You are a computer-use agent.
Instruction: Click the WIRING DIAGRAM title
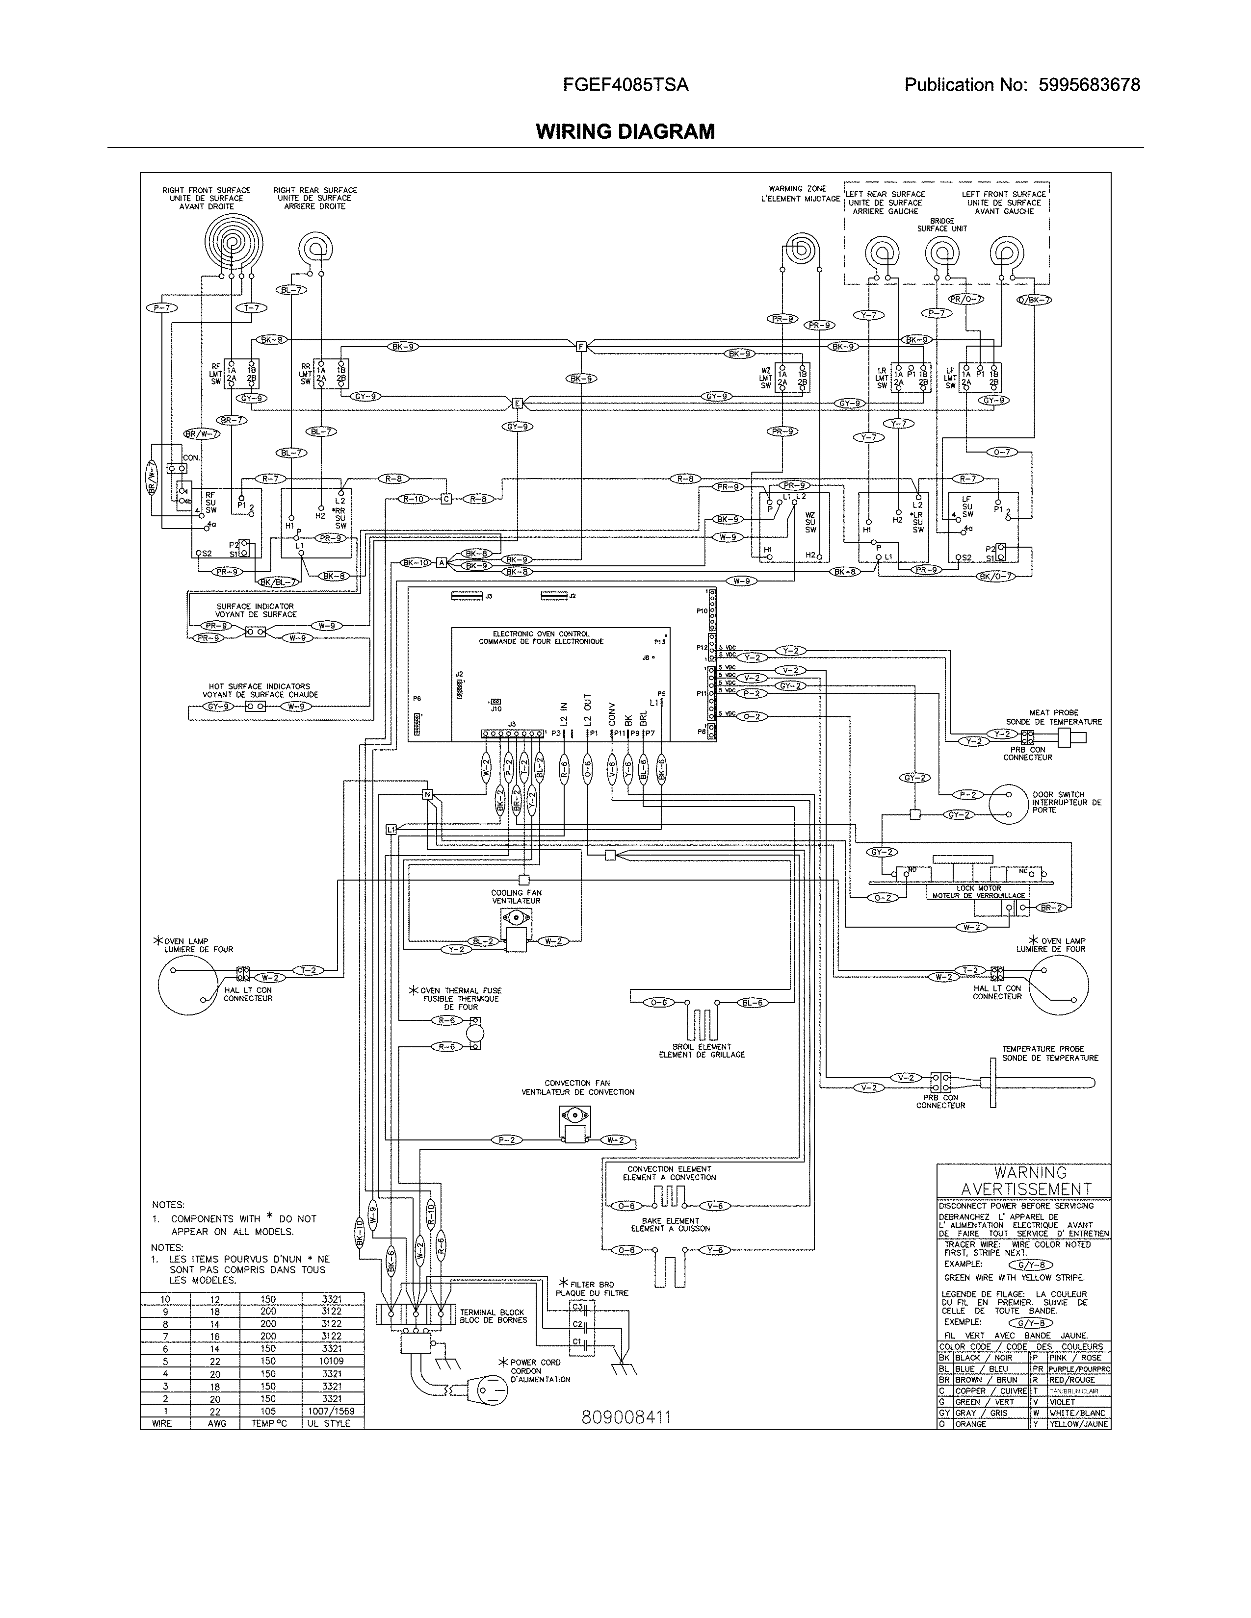(x=625, y=132)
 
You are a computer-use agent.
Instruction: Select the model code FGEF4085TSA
(x=625, y=85)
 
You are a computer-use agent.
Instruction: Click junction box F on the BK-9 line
(x=581, y=346)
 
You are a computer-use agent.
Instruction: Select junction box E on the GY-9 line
(x=517, y=404)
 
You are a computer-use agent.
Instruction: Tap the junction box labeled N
(x=426, y=795)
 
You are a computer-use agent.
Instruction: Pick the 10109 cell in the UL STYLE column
(x=333, y=1361)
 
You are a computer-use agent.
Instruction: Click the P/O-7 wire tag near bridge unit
(x=965, y=299)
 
